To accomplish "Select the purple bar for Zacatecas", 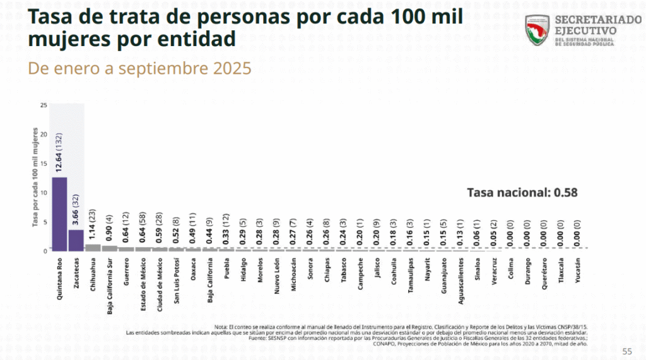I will click(x=76, y=240).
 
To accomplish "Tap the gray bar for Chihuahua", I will click(x=93, y=247).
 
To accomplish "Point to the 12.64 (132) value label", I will click(x=59, y=153).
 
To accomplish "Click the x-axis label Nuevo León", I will click(x=277, y=277).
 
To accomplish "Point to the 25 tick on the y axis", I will click(x=43, y=105).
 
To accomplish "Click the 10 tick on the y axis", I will click(x=43, y=192).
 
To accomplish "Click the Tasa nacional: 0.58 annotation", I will click(x=522, y=193).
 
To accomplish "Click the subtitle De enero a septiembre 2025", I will click(x=139, y=68).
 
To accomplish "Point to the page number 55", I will click(x=627, y=351).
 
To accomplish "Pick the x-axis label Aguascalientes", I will click(x=461, y=282).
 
